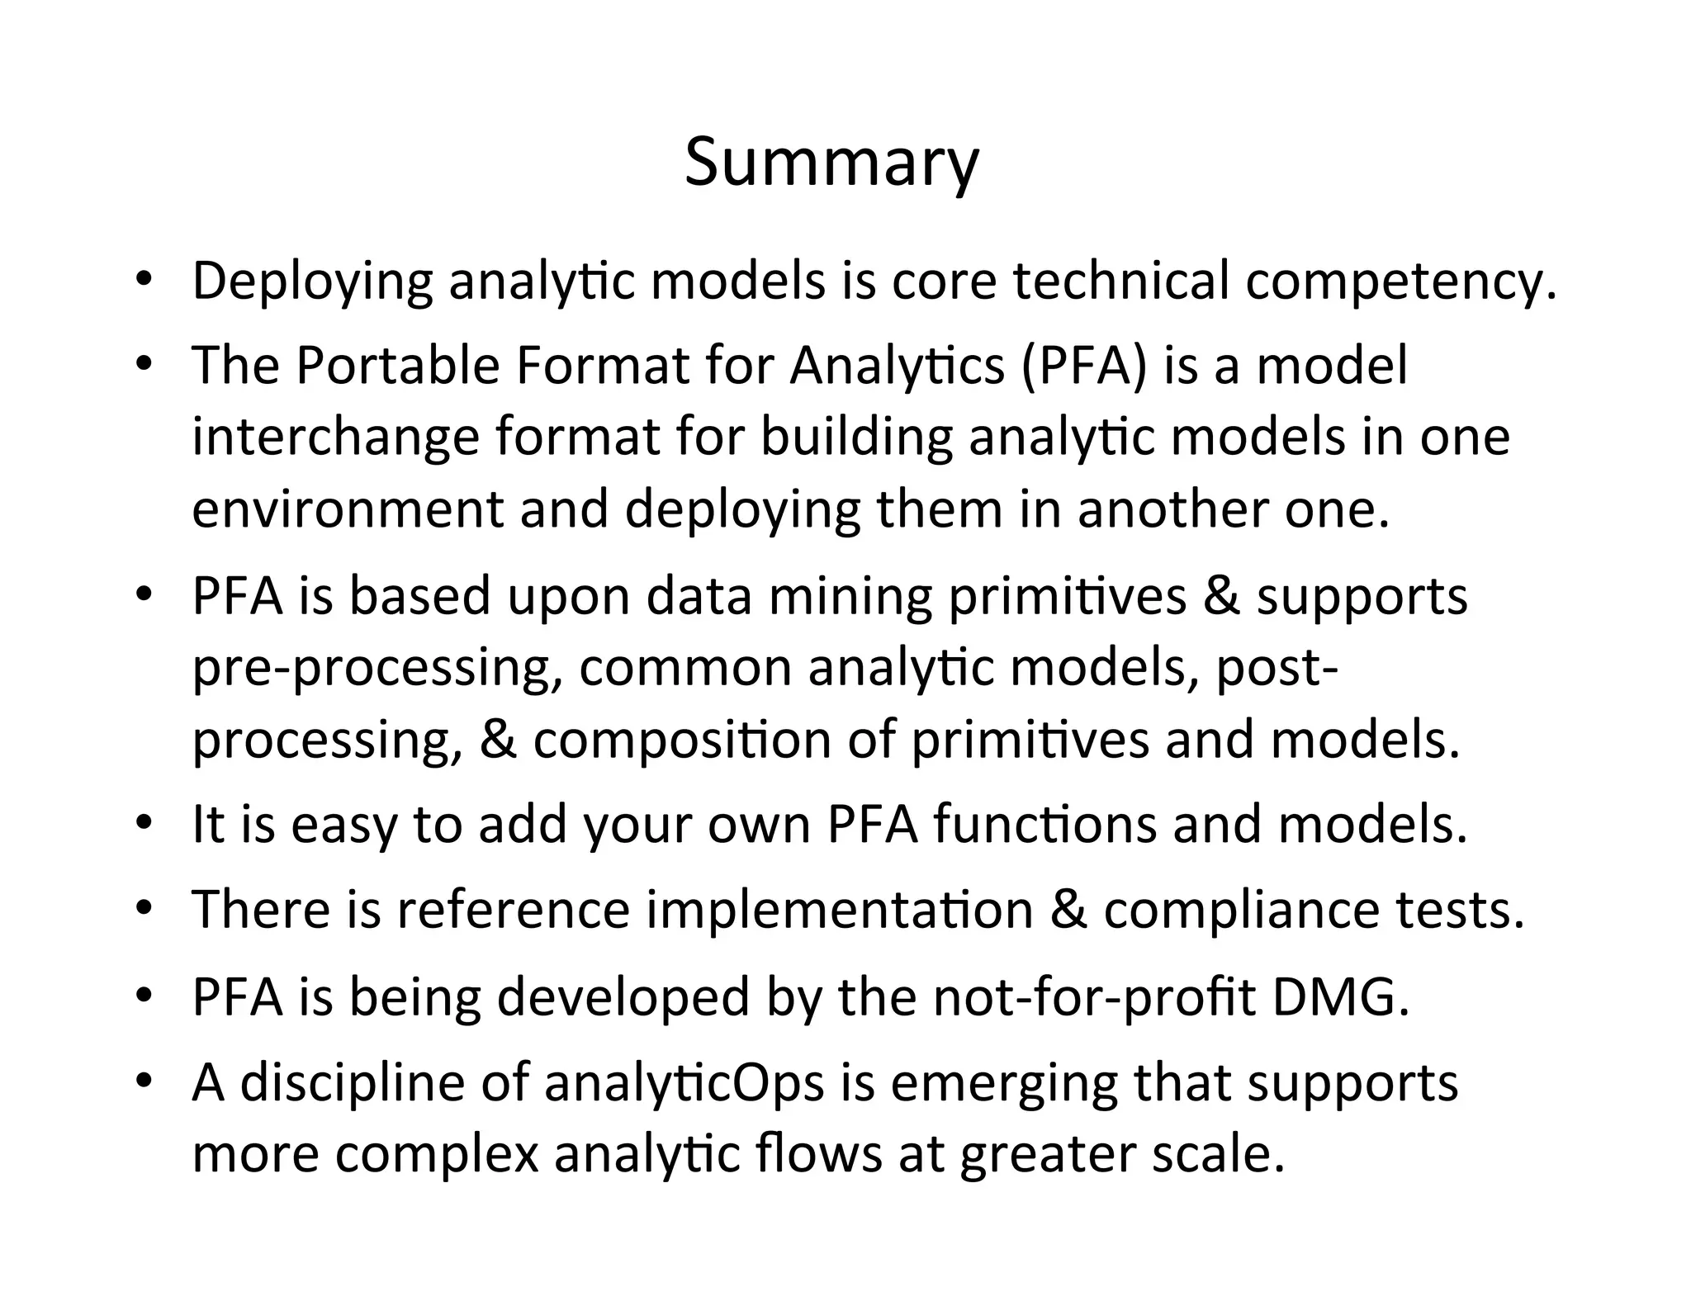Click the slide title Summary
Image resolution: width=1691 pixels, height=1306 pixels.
pos(831,163)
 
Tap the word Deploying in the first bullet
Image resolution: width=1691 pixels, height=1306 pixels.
pos(312,282)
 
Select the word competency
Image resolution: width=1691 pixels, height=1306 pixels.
pos(1400,282)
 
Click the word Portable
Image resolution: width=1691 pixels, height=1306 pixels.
pos(397,365)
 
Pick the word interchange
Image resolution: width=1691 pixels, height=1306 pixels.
pos(335,438)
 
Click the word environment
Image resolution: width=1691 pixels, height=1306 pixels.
pos(347,510)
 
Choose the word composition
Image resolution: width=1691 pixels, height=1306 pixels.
pos(682,741)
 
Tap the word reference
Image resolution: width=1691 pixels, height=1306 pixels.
pos(514,910)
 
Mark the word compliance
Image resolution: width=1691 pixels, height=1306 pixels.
pos(1241,910)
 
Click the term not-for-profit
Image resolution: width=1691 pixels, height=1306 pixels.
pos(1093,996)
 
